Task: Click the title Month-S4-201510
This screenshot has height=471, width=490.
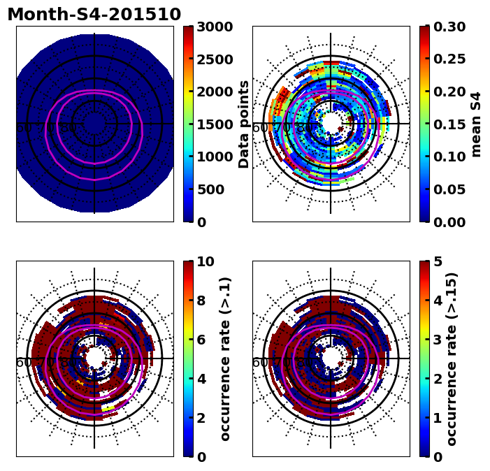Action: pyautogui.click(x=94, y=15)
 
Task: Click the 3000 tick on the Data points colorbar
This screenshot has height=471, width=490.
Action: pyautogui.click(x=215, y=27)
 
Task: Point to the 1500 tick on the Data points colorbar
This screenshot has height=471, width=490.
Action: pyautogui.click(x=215, y=124)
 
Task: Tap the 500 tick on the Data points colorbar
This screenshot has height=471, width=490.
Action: pyautogui.click(x=210, y=189)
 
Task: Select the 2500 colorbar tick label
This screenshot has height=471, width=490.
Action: pyautogui.click(x=215, y=59)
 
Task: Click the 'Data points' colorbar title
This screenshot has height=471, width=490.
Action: pyautogui.click(x=244, y=124)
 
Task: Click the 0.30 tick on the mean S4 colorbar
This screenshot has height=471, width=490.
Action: pyautogui.click(x=451, y=27)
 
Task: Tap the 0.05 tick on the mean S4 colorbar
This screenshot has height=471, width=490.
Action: pyautogui.click(x=451, y=189)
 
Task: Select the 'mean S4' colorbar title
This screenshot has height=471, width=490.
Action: pyautogui.click(x=477, y=124)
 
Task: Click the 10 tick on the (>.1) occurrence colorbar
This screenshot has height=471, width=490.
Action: pyautogui.click(x=206, y=261)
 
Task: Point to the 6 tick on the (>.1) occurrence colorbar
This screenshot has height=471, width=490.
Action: pyautogui.click(x=201, y=340)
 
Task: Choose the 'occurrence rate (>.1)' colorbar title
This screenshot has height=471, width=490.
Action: pyautogui.click(x=225, y=359)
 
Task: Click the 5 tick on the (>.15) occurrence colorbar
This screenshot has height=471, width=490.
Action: pyautogui.click(x=438, y=261)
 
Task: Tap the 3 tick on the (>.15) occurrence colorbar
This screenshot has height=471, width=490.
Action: pyautogui.click(x=438, y=340)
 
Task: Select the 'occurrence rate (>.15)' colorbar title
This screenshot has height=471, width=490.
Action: pyautogui.click(x=452, y=359)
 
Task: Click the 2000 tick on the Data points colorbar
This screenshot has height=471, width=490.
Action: pyautogui.click(x=215, y=92)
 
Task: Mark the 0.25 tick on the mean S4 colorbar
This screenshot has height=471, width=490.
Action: pyautogui.click(x=451, y=59)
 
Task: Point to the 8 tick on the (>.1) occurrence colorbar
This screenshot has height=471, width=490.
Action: pyautogui.click(x=201, y=300)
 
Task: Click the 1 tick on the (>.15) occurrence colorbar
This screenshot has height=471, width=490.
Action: pyautogui.click(x=438, y=418)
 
